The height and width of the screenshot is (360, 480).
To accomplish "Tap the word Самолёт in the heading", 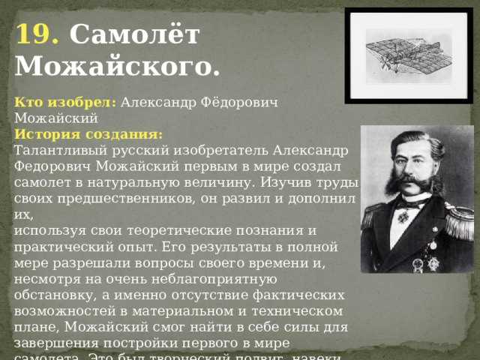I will [x=134, y=35].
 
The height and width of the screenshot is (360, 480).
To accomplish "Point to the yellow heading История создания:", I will [x=88, y=134].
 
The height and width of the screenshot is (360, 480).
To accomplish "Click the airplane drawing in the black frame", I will [x=409, y=55].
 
